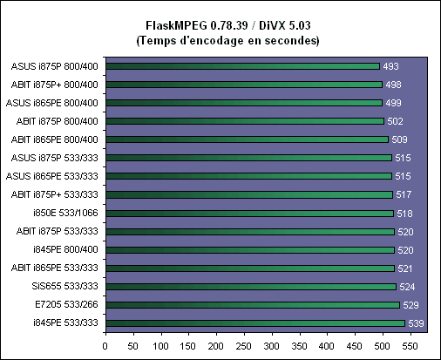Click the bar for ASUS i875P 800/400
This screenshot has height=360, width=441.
242,66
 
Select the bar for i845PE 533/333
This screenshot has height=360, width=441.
255,323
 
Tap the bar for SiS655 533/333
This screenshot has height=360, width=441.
251,287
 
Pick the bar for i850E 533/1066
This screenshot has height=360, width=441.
250,214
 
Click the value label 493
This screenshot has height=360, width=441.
390,66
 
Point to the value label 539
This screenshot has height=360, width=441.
416,323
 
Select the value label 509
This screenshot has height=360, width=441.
399,139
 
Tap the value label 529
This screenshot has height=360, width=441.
410,305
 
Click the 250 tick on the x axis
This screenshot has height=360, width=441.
244,346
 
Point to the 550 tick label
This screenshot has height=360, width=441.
410,346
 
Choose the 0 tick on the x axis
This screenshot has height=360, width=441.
105,346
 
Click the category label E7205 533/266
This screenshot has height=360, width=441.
66,304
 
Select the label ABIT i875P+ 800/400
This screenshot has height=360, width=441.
55,85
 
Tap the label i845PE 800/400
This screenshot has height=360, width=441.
65,249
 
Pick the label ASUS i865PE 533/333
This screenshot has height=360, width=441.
52,176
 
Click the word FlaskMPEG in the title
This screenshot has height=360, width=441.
176,25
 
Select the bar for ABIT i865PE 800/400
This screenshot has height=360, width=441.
248,139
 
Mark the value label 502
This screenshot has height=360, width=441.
395,121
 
